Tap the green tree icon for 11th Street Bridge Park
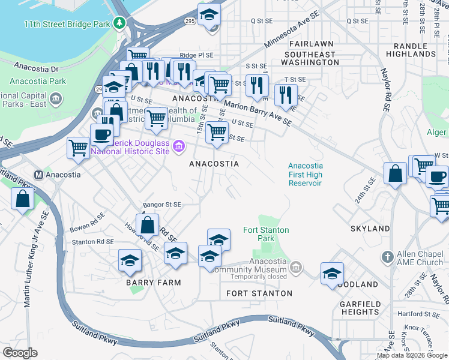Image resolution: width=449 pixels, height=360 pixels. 121,23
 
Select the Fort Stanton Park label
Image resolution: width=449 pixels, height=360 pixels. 266,234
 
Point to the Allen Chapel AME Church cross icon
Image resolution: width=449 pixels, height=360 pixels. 387,257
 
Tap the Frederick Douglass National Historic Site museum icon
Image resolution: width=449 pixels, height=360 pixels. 178,146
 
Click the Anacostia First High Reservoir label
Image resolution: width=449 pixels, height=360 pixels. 305,175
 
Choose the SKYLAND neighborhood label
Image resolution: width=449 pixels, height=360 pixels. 370,229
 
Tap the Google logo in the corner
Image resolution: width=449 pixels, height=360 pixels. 20,353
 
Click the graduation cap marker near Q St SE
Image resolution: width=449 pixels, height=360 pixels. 209,15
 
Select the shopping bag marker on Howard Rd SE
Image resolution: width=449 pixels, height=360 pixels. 148,227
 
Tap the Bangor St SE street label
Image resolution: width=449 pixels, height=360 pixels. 161,205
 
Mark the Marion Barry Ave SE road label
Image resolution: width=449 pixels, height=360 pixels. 259,113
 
